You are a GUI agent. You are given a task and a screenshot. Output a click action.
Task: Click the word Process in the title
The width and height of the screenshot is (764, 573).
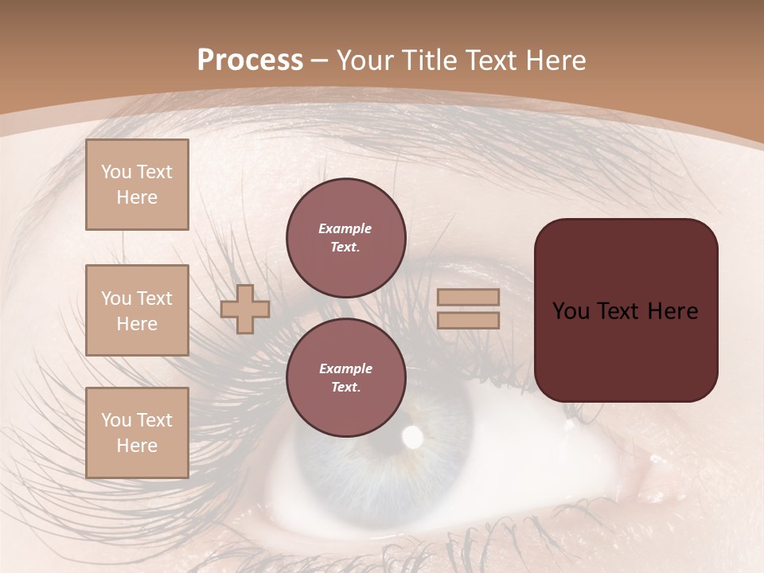(250, 60)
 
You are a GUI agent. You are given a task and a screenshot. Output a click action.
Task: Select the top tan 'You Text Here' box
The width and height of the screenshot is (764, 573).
(137, 185)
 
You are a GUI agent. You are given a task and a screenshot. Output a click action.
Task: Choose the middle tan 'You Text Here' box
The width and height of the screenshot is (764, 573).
(137, 310)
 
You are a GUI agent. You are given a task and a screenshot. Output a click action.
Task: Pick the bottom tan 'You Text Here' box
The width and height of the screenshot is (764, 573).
(137, 432)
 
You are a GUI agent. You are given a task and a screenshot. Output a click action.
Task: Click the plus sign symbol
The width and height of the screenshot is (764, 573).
(245, 309)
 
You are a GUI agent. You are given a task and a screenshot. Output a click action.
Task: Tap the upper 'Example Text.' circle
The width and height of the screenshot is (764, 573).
(345, 237)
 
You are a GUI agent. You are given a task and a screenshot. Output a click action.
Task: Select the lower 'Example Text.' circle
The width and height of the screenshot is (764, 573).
(345, 377)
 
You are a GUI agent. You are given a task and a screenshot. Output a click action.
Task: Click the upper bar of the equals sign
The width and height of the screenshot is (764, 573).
(468, 298)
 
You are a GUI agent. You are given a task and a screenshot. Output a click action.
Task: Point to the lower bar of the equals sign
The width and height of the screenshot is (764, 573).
(468, 320)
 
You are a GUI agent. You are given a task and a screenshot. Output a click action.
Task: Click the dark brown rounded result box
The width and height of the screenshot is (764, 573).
(626, 310)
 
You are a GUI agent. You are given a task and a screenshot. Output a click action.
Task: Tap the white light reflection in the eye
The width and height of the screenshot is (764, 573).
(413, 435)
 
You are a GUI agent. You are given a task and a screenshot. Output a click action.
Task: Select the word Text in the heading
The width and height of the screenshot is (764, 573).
(487, 60)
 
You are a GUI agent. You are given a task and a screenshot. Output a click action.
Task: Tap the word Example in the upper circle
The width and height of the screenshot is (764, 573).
(345, 228)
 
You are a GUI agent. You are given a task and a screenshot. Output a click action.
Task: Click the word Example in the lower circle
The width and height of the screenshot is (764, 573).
(345, 368)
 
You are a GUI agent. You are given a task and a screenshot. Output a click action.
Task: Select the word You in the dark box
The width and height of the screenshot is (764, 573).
(571, 311)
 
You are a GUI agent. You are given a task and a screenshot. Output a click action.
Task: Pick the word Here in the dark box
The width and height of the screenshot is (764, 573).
(672, 311)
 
